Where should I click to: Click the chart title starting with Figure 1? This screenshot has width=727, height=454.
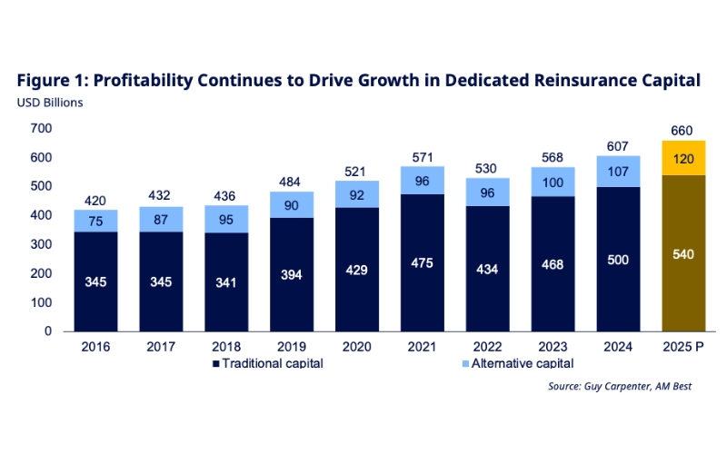point(358,81)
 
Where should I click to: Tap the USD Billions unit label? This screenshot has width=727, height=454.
point(50,102)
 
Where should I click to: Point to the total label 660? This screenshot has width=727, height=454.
point(682,131)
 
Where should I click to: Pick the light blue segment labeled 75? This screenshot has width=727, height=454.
point(96,221)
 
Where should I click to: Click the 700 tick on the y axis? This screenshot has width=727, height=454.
point(41,129)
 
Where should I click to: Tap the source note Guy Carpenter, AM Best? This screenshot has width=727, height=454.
point(625,386)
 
